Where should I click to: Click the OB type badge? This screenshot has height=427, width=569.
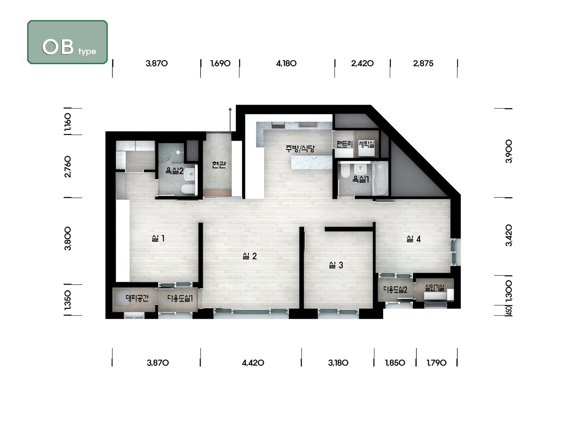coord(68,42)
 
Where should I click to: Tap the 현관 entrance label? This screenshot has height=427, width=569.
coord(219,165)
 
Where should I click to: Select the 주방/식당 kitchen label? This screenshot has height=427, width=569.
coord(300,148)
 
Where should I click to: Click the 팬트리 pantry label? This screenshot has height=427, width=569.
coord(345,144)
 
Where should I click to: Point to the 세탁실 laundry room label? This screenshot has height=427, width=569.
coord(367,144)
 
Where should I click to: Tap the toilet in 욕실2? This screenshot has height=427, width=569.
coord(188,189)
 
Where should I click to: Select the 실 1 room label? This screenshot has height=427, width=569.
coord(158,238)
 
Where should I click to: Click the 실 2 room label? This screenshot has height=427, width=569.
coord(250,256)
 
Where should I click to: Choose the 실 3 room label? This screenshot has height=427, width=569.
coord(336,265)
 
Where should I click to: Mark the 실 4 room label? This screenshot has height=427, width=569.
coord(414,239)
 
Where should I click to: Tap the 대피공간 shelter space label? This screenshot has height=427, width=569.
coord(137,298)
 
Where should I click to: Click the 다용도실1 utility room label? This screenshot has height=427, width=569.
coord(180,299)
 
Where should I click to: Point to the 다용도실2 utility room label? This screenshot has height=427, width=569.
coord(395,290)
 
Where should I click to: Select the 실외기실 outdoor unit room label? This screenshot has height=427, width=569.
coord(435,288)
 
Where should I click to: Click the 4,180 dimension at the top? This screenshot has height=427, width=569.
coord(286,64)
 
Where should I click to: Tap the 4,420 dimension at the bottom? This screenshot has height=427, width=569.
coord(253,363)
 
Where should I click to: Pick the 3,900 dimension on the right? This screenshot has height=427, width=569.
coord(509,151)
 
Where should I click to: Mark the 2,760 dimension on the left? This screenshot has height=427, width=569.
coord(68,167)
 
